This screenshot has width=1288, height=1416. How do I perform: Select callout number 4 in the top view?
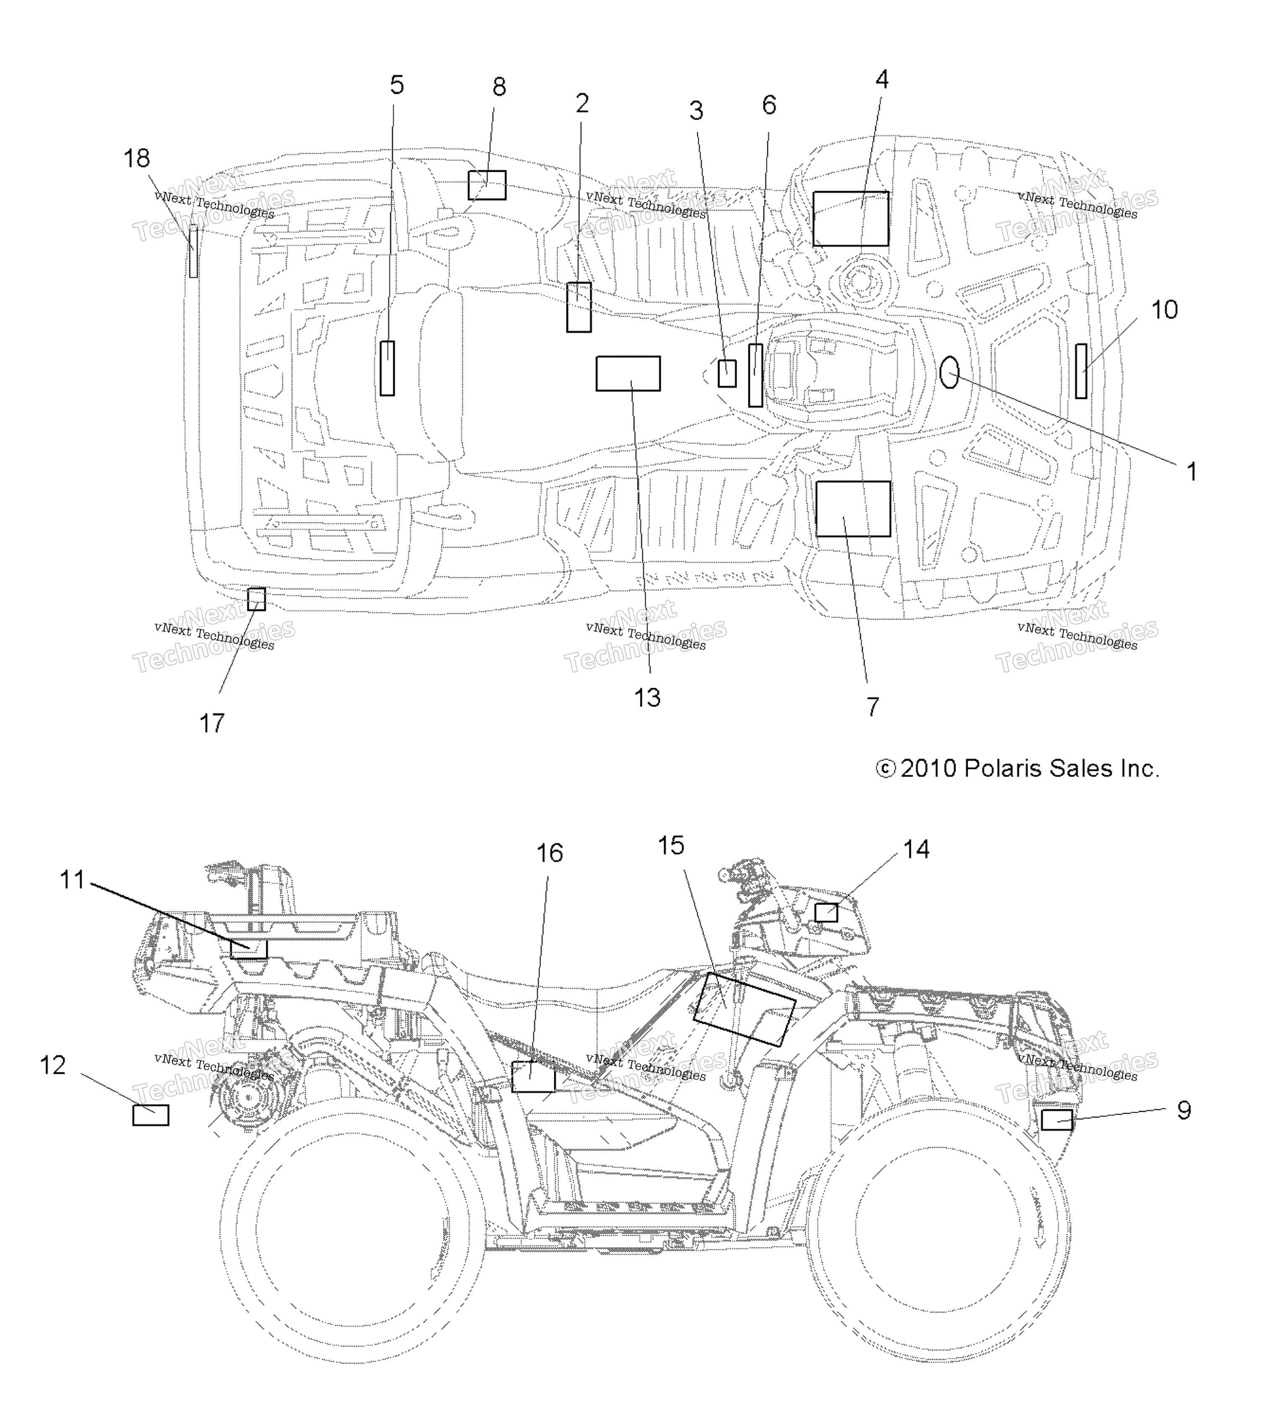(x=881, y=79)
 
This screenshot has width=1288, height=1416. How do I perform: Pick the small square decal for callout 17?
(x=257, y=599)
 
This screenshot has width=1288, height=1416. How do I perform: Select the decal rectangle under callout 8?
(x=487, y=185)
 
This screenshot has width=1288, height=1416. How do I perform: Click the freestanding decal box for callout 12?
(x=151, y=1115)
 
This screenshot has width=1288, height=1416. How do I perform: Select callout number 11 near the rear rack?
(x=72, y=879)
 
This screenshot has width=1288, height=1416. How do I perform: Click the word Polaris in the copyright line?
(x=1003, y=769)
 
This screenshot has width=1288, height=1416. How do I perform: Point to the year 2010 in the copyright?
(x=929, y=769)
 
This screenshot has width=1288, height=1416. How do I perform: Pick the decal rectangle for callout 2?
(x=579, y=307)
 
